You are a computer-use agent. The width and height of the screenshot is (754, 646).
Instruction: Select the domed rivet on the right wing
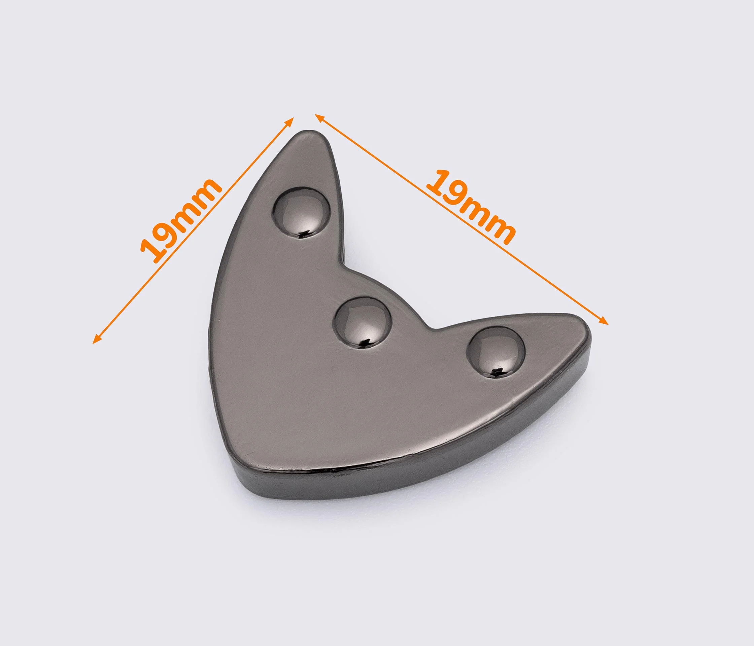point(497,351)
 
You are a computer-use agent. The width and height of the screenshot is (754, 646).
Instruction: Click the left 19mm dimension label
point(181,220)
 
